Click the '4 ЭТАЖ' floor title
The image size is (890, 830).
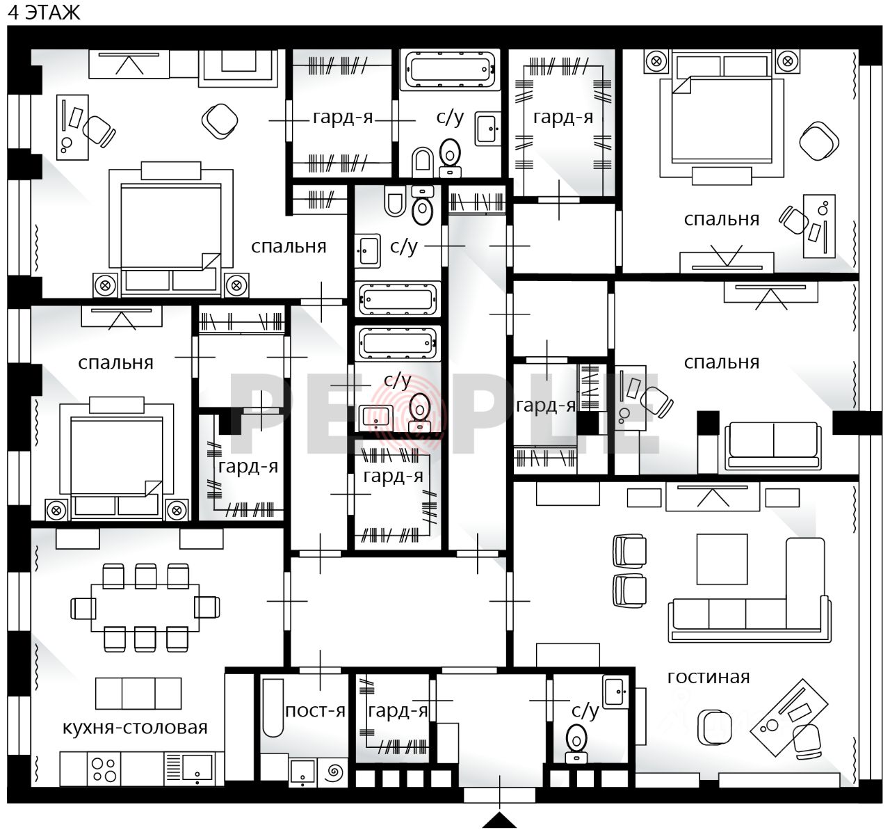tap(44, 13)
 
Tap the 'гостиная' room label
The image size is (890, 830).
tap(708, 677)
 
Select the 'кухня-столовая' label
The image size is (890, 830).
tap(135, 727)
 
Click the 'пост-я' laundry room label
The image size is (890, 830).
tap(315, 710)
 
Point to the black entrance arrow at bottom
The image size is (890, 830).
tap(499, 820)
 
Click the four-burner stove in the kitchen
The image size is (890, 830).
tap(104, 769)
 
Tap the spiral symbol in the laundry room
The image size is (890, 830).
tap(334, 772)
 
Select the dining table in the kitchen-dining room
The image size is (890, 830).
tap(145, 607)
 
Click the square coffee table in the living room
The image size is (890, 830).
tap(722, 559)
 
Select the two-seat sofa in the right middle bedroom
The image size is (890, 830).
tap(773, 446)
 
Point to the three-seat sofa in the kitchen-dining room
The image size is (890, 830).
tap(138, 693)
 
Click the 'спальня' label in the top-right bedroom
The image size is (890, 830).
tap(721, 219)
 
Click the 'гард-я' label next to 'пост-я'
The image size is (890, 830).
tap(398, 710)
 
